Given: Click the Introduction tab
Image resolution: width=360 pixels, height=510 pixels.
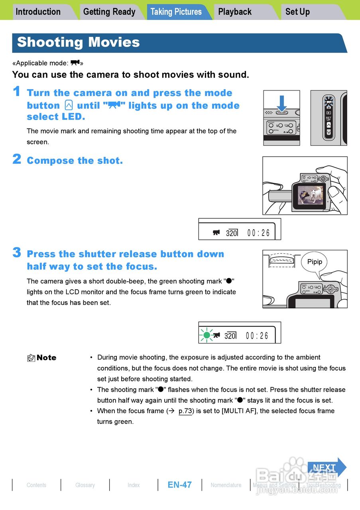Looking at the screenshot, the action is pos(38,12).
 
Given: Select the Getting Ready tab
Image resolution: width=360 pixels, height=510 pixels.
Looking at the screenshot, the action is pos(109,12).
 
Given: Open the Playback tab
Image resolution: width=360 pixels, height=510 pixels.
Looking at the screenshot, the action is pos(235,12).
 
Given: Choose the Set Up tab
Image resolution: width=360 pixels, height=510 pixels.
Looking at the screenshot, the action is pos(297,12).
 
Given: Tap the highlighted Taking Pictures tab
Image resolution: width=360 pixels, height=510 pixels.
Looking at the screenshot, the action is pos(176,12).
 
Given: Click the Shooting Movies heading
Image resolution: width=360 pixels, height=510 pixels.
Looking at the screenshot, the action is pos(79,42).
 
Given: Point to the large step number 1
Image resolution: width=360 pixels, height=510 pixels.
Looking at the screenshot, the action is pos(16,92).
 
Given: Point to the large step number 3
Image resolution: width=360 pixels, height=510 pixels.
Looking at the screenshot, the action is pos(17,253).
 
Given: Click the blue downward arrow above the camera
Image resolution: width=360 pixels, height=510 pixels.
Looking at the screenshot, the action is pos(282,103).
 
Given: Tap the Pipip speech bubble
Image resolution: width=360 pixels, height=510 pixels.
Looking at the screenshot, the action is pos(315,263).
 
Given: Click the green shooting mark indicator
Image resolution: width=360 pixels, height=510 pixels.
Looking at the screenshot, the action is pos(207,335).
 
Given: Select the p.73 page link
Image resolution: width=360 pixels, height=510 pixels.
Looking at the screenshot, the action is pos(185,411).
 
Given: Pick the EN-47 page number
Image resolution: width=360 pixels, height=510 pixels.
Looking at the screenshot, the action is pos(179,485).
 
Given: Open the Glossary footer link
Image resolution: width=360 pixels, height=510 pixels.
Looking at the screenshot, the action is pos(85,485).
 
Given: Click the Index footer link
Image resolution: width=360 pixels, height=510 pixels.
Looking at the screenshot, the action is pos(134,485).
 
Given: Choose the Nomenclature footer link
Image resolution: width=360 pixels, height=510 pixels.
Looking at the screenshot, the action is pos(226,485).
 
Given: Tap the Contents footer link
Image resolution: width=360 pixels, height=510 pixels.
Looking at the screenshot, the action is pos(36,485).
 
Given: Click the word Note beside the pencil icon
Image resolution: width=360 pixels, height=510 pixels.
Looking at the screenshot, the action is pos(47,358).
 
